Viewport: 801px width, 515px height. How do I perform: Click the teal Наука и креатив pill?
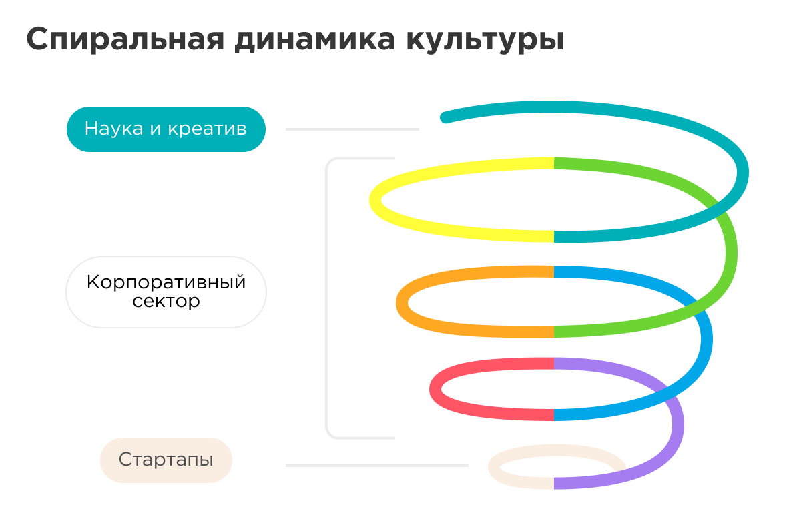pos(166,129)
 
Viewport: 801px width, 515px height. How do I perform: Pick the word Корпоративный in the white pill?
pos(166,282)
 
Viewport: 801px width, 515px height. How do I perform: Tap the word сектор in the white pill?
pos(166,302)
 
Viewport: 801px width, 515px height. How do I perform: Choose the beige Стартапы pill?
pos(166,460)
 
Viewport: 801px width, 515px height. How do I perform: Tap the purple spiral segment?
pos(674,427)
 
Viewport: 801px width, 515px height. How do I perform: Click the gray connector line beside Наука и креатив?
pos(352,129)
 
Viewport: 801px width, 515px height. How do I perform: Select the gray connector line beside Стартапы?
pos(377,466)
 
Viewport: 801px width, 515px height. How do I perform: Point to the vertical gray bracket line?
pos(327,298)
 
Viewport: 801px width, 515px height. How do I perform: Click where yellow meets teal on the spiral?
pos(554,237)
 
